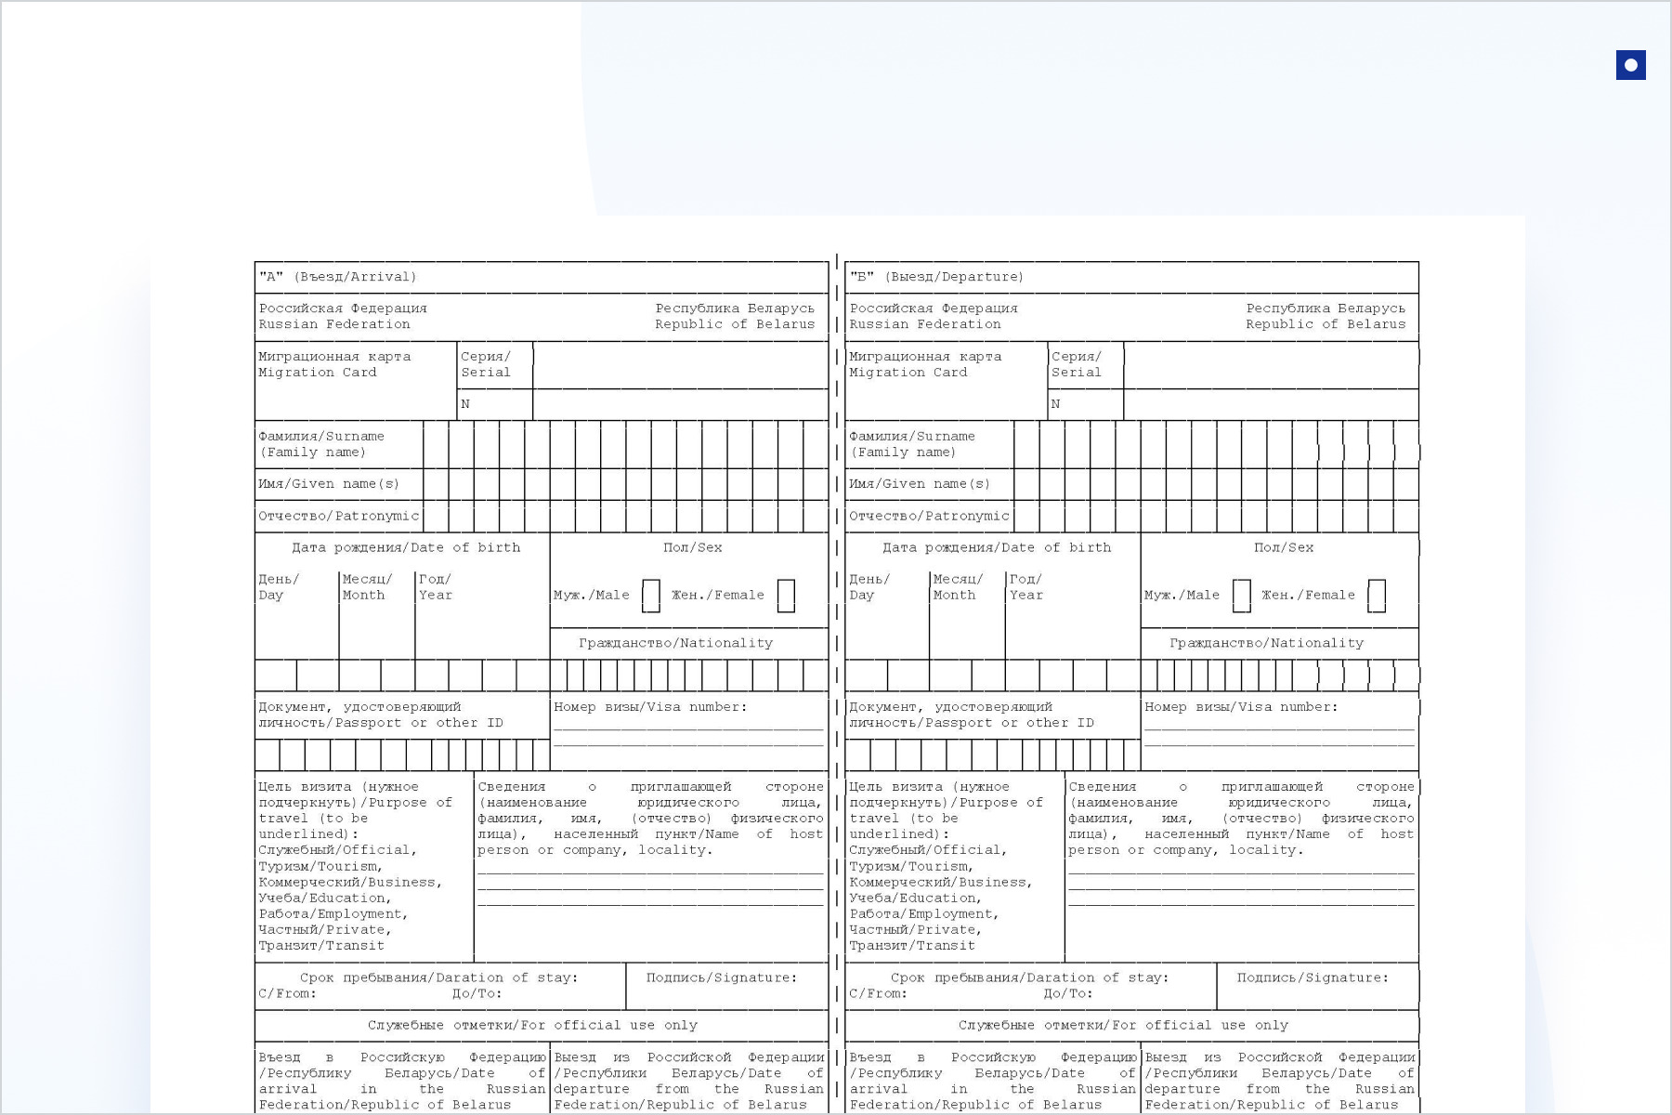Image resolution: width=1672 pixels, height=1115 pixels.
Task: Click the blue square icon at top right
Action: (1630, 65)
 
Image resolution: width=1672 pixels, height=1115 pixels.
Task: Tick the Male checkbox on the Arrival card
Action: (651, 596)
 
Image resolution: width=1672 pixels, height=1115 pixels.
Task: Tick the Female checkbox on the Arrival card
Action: (786, 596)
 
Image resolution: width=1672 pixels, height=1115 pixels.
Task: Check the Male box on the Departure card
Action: (1242, 596)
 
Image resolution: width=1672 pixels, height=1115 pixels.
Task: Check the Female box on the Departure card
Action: (1377, 596)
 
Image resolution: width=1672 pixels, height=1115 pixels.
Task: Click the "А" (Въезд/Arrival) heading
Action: (338, 277)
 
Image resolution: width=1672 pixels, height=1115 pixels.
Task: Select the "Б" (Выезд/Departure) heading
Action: (936, 277)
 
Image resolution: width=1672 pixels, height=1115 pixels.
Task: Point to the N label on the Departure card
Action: (1055, 404)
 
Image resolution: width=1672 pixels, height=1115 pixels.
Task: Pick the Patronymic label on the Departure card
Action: (929, 517)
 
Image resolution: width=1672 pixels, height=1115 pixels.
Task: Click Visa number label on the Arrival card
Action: (650, 707)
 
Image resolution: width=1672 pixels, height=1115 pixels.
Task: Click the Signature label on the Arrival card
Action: (722, 977)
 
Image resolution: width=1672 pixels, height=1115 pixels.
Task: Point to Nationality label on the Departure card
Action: (1267, 643)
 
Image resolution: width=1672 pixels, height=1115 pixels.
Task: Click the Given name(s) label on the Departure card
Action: (920, 484)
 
